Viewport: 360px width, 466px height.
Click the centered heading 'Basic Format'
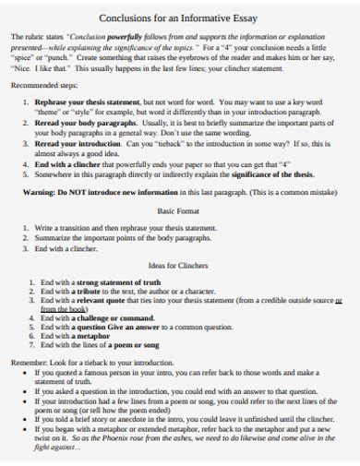[180, 211]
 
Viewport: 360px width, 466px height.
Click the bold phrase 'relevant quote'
[102, 300]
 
